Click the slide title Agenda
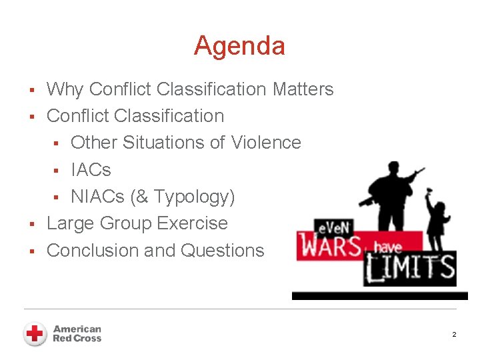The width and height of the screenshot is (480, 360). (x=239, y=46)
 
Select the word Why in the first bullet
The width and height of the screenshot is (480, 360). (x=65, y=89)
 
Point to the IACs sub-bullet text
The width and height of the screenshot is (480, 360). (x=91, y=170)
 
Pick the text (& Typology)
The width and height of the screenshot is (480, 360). (x=183, y=197)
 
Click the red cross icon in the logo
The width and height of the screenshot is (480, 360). (x=35, y=333)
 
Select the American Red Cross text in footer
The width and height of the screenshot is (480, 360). (x=77, y=333)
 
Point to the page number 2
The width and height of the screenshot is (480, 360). (x=454, y=334)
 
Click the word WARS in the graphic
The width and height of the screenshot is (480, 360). (x=331, y=245)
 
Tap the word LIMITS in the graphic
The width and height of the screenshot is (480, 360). (x=409, y=269)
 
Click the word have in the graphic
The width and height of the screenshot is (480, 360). (x=387, y=247)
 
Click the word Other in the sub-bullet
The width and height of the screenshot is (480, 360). (x=94, y=143)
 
